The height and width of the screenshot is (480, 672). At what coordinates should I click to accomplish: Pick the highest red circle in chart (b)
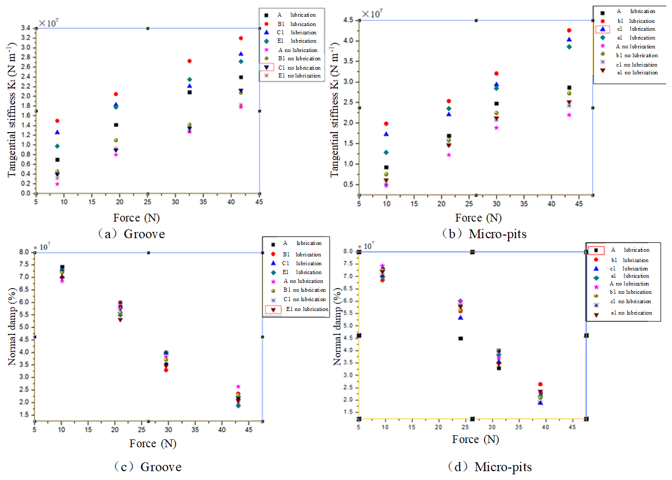pos(569,30)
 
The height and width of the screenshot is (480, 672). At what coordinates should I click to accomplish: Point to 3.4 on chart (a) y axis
pos(25,28)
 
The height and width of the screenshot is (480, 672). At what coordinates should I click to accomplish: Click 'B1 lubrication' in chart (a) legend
pos(297,24)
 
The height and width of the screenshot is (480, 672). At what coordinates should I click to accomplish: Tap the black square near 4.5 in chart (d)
pos(461,338)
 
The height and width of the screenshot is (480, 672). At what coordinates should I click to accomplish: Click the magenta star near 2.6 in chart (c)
pos(238,386)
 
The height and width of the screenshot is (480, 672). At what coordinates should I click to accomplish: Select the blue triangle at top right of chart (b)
pos(569,40)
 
